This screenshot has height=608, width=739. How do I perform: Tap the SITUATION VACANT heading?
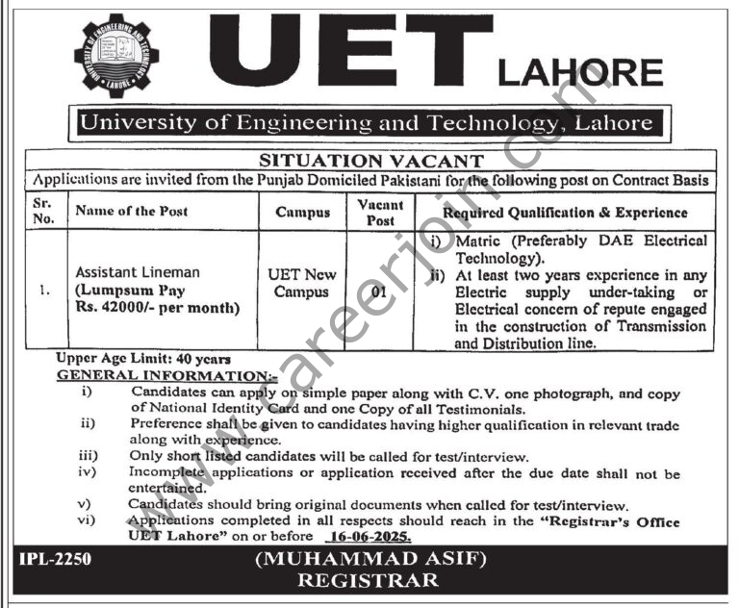369,162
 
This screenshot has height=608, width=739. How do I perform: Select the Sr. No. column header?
43,211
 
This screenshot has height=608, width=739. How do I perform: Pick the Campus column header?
301,211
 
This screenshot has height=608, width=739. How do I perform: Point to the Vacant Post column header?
380,212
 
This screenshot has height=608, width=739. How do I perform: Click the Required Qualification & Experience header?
566,211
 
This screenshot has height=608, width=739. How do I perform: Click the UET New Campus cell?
301,283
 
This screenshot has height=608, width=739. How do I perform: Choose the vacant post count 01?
380,291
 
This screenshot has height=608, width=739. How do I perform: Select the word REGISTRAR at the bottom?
369,581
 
